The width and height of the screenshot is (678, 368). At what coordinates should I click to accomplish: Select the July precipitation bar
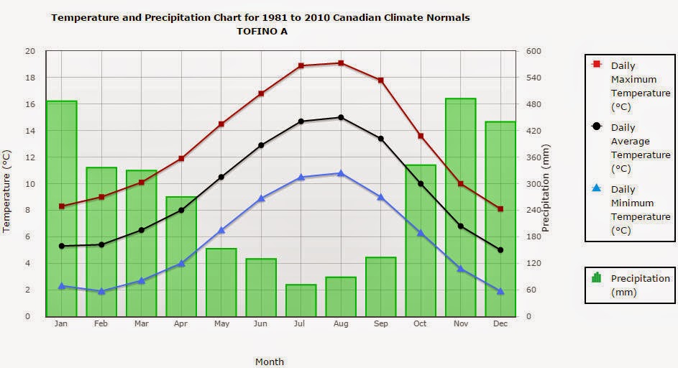[301, 300]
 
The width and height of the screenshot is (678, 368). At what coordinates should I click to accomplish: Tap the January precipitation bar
[62, 208]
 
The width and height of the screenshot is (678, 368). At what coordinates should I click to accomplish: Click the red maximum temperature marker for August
[341, 63]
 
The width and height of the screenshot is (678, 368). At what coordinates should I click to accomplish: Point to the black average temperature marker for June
[261, 145]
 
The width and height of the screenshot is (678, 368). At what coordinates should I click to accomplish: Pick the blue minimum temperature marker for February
[101, 291]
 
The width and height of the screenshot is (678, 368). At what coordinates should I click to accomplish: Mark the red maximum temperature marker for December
[500, 209]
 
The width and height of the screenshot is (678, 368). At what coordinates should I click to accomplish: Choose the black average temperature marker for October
[421, 184]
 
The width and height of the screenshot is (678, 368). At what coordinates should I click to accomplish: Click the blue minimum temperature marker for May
[221, 230]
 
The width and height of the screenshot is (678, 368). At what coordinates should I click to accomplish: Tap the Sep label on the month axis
[380, 324]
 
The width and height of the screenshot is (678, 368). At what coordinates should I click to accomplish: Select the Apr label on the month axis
[181, 324]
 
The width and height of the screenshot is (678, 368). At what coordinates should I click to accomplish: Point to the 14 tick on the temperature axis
[29, 131]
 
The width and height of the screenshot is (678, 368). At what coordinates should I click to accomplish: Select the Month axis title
[270, 362]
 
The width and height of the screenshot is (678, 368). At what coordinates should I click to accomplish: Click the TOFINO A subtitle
[260, 31]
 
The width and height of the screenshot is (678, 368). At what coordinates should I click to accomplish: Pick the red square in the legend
[596, 65]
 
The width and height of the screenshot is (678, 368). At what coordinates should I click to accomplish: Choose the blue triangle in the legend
[596, 188]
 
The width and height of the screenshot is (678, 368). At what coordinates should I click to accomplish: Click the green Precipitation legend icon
[596, 278]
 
